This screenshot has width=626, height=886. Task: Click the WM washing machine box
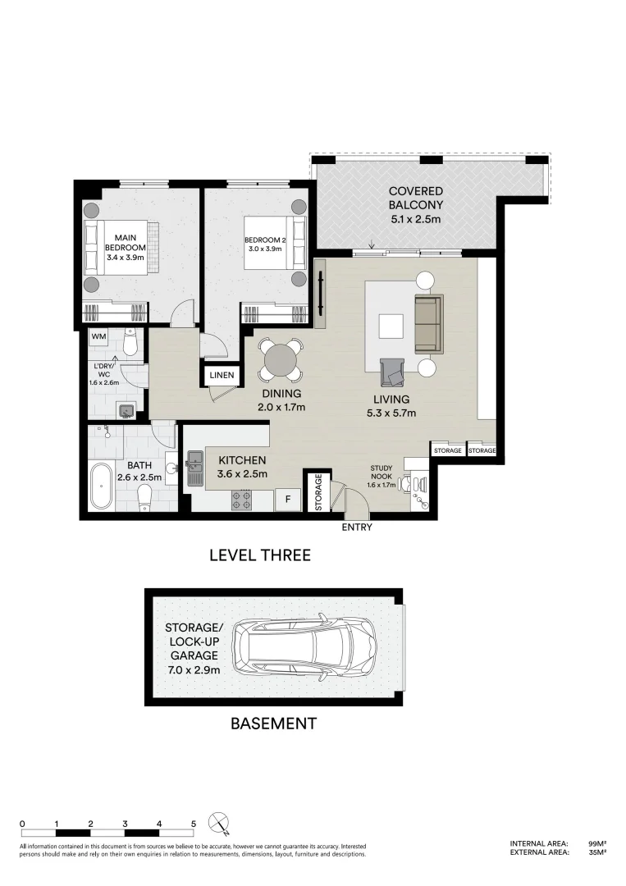(98, 336)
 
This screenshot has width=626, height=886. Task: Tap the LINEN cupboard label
(222, 377)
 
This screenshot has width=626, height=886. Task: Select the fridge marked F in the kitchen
(288, 498)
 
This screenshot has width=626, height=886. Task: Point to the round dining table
(280, 359)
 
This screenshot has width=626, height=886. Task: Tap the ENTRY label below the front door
(357, 527)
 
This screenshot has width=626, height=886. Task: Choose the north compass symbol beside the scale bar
(219, 823)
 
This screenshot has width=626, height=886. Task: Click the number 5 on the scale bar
(193, 823)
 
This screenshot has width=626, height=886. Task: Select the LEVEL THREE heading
(260, 555)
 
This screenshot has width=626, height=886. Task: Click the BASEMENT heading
(273, 724)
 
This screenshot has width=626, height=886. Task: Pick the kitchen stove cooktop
(241, 500)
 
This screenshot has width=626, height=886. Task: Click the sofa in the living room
(428, 324)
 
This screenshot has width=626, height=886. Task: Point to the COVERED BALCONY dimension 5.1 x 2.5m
(416, 219)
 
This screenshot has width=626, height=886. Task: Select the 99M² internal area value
(597, 843)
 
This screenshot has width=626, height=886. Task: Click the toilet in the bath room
(144, 496)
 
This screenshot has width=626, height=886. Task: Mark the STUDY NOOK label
(381, 473)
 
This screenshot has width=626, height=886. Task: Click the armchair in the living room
(394, 373)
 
